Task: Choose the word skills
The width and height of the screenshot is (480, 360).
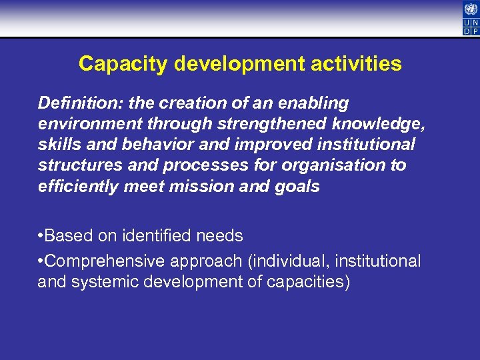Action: (57, 145)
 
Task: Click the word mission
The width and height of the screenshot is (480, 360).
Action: (201, 186)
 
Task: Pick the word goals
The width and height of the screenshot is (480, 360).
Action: (299, 186)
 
